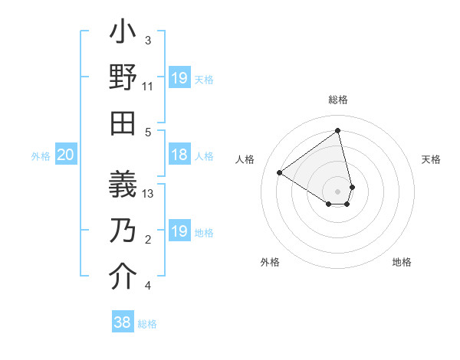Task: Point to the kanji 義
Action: (123, 185)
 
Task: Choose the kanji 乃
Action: (123, 231)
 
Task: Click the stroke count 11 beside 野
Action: (148, 87)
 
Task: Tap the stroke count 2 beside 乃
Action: (148, 240)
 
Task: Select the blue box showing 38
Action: (123, 322)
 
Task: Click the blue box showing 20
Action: (66, 155)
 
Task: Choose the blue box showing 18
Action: (179, 155)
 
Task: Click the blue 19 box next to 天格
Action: (179, 78)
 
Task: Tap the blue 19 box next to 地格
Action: (179, 231)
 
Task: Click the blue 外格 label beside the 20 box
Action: (41, 156)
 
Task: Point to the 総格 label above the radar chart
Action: (338, 100)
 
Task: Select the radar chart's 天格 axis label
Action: (431, 159)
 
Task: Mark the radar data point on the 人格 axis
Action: (280, 172)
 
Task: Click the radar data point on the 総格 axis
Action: (338, 131)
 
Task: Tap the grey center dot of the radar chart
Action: (338, 191)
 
